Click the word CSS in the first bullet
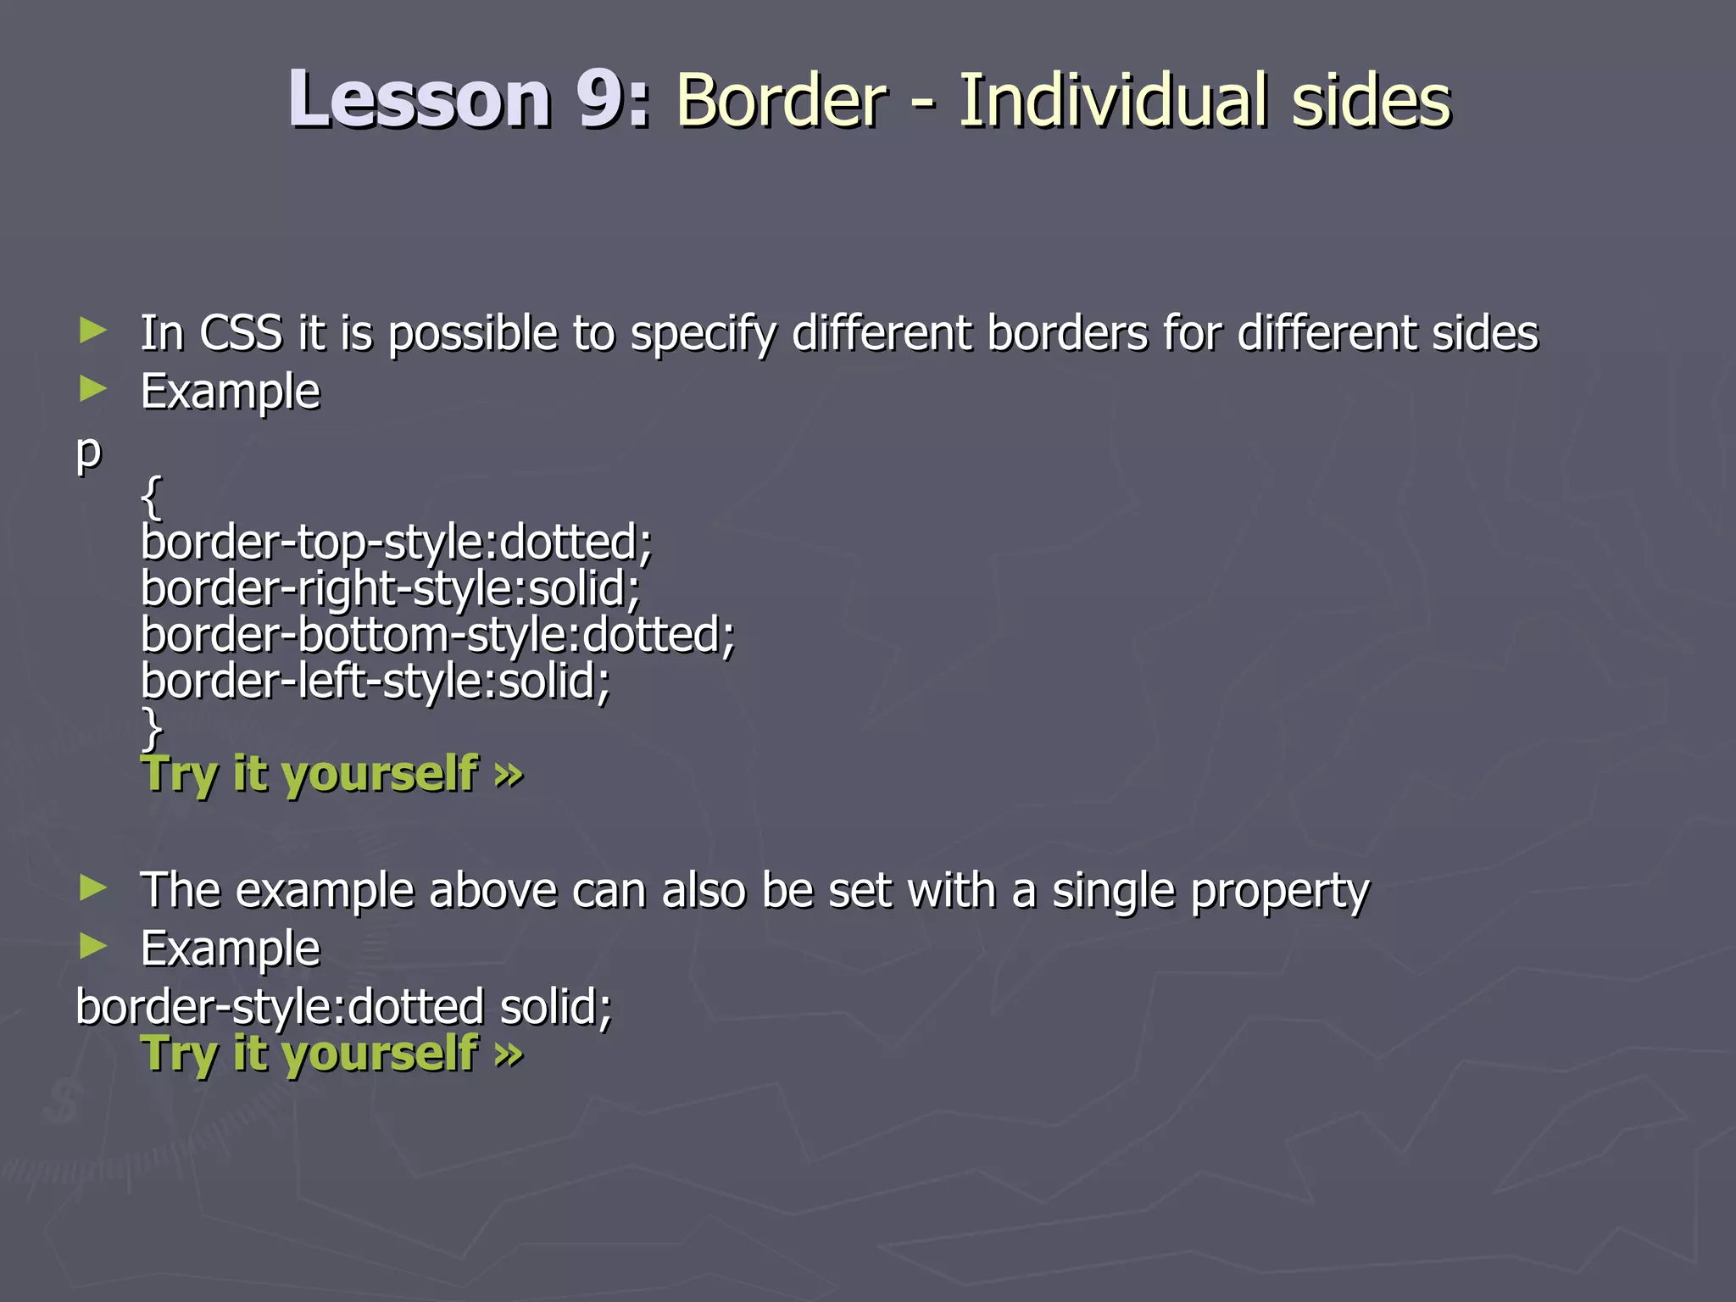coord(241,332)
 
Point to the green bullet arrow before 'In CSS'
coord(92,331)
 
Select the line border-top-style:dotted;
coord(396,542)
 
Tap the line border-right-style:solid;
coord(390,588)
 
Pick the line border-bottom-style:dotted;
coord(437,635)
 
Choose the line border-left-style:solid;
coord(375,681)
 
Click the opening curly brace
coord(152,498)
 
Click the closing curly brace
coord(152,727)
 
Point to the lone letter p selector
coord(88,453)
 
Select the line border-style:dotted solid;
coord(343,1007)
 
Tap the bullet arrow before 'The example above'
coord(92,888)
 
